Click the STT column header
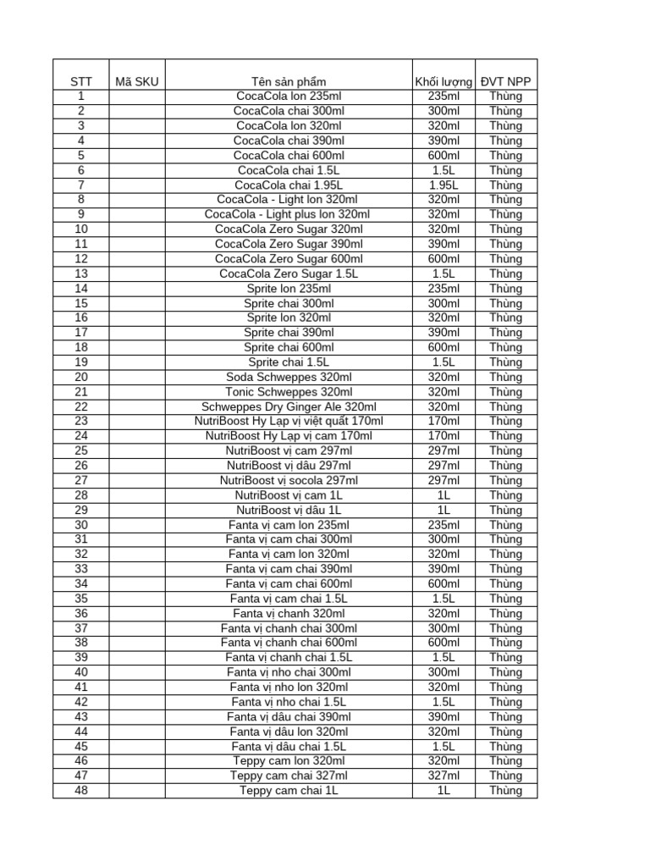[x=81, y=81]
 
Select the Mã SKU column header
[x=136, y=81]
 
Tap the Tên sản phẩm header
[x=289, y=81]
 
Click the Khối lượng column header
[x=443, y=81]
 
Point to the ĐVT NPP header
[x=505, y=81]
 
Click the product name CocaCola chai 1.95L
[x=289, y=185]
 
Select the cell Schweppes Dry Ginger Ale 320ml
[x=289, y=406]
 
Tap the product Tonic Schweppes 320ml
[x=289, y=392]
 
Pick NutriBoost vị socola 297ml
[x=289, y=480]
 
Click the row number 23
[x=81, y=421]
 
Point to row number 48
[x=81, y=791]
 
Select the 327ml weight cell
[x=443, y=776]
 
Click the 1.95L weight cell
[x=443, y=185]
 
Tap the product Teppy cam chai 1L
[x=289, y=791]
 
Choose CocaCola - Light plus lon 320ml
[x=289, y=214]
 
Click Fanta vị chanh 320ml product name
[x=289, y=613]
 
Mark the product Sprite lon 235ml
[x=289, y=288]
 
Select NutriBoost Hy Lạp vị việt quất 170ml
[x=289, y=421]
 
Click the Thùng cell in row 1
[x=505, y=96]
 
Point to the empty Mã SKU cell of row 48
[x=136, y=791]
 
